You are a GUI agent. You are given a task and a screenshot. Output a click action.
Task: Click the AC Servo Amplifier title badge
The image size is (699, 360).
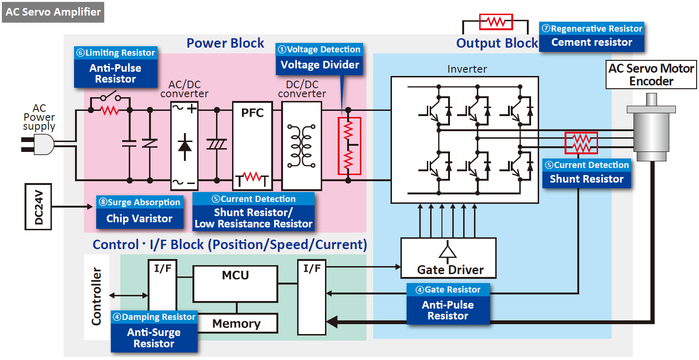pos(53,12)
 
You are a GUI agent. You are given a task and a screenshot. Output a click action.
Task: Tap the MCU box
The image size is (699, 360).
pos(235,284)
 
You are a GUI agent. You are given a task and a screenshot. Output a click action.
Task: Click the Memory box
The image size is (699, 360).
pos(236,324)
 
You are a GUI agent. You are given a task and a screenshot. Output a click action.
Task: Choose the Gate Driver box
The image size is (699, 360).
pos(448,258)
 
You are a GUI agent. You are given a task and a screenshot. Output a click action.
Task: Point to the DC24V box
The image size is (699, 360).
pos(38,207)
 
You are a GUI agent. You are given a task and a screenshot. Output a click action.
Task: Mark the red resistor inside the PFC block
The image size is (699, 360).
pos(252,177)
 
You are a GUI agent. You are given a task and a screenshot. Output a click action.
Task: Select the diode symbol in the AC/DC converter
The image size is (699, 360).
pos(185,145)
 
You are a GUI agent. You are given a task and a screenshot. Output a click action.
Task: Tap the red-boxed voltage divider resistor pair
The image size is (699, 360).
pos(349,146)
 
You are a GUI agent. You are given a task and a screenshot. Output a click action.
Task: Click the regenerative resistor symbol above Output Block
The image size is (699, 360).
pos(496,22)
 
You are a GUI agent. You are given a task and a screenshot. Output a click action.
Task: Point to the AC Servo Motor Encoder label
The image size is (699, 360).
pos(651,75)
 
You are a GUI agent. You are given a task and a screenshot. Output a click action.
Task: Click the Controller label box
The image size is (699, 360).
pos(96,297)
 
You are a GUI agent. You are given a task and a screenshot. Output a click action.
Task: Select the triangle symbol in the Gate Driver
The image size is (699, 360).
pos(447,251)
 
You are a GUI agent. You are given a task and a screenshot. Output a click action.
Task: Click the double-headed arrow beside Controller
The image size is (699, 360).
pos(128,296)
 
